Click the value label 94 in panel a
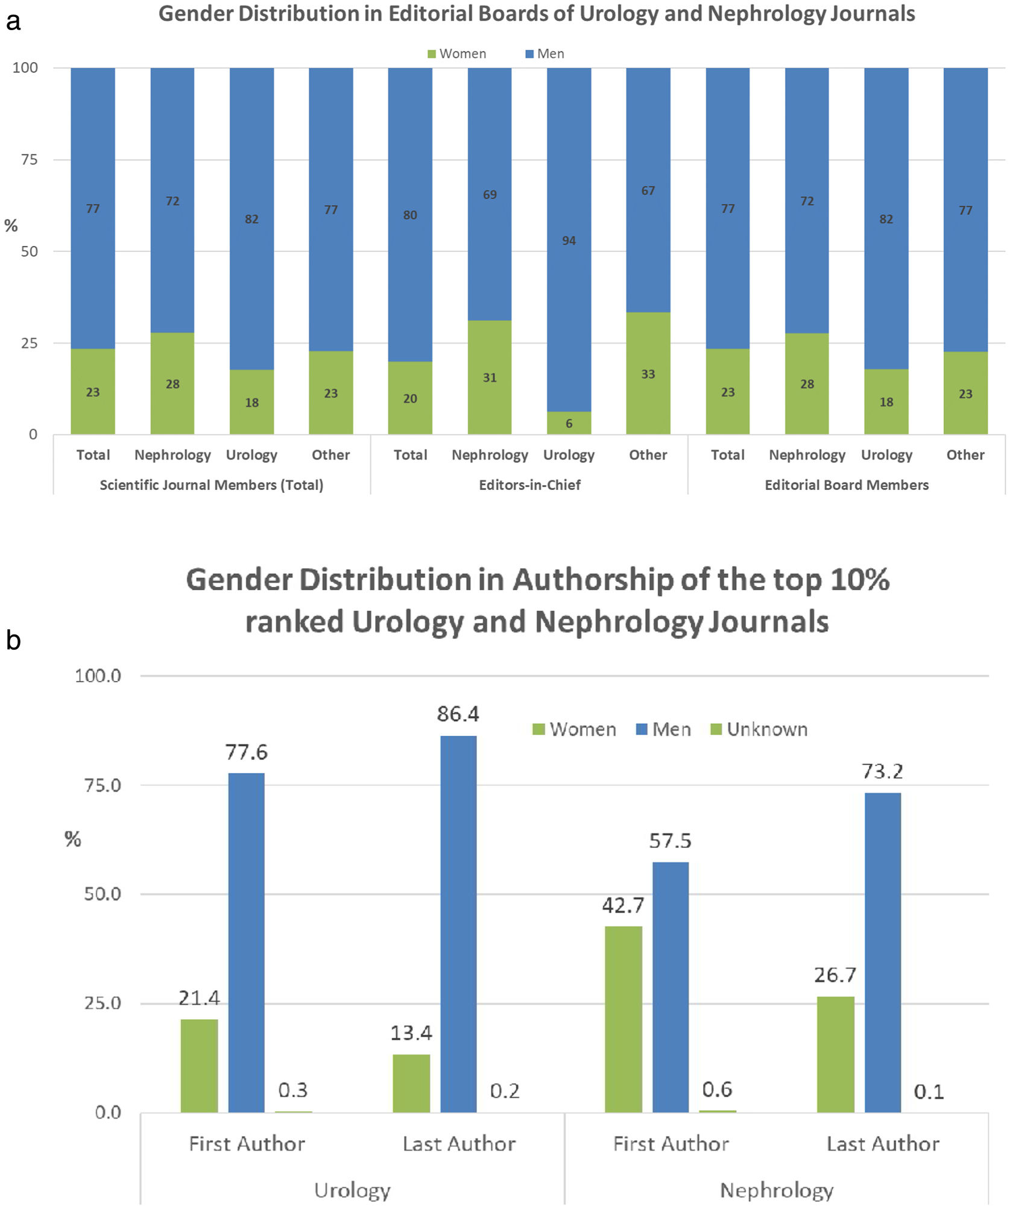click(x=569, y=241)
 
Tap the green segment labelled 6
click(x=569, y=423)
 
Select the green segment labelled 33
click(x=648, y=374)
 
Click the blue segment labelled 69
click(x=489, y=194)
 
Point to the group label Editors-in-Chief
click(x=529, y=485)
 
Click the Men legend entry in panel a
click(x=545, y=54)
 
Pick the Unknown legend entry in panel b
click(x=759, y=729)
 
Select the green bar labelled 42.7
click(x=623, y=1019)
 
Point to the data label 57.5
click(x=670, y=841)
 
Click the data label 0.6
click(x=717, y=1089)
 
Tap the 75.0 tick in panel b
click(x=103, y=785)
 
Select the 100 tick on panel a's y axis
click(x=25, y=68)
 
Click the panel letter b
click(x=13, y=640)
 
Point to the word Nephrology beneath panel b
click(x=777, y=1190)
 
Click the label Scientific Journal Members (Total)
click(x=211, y=485)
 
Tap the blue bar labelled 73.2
click(x=882, y=952)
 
